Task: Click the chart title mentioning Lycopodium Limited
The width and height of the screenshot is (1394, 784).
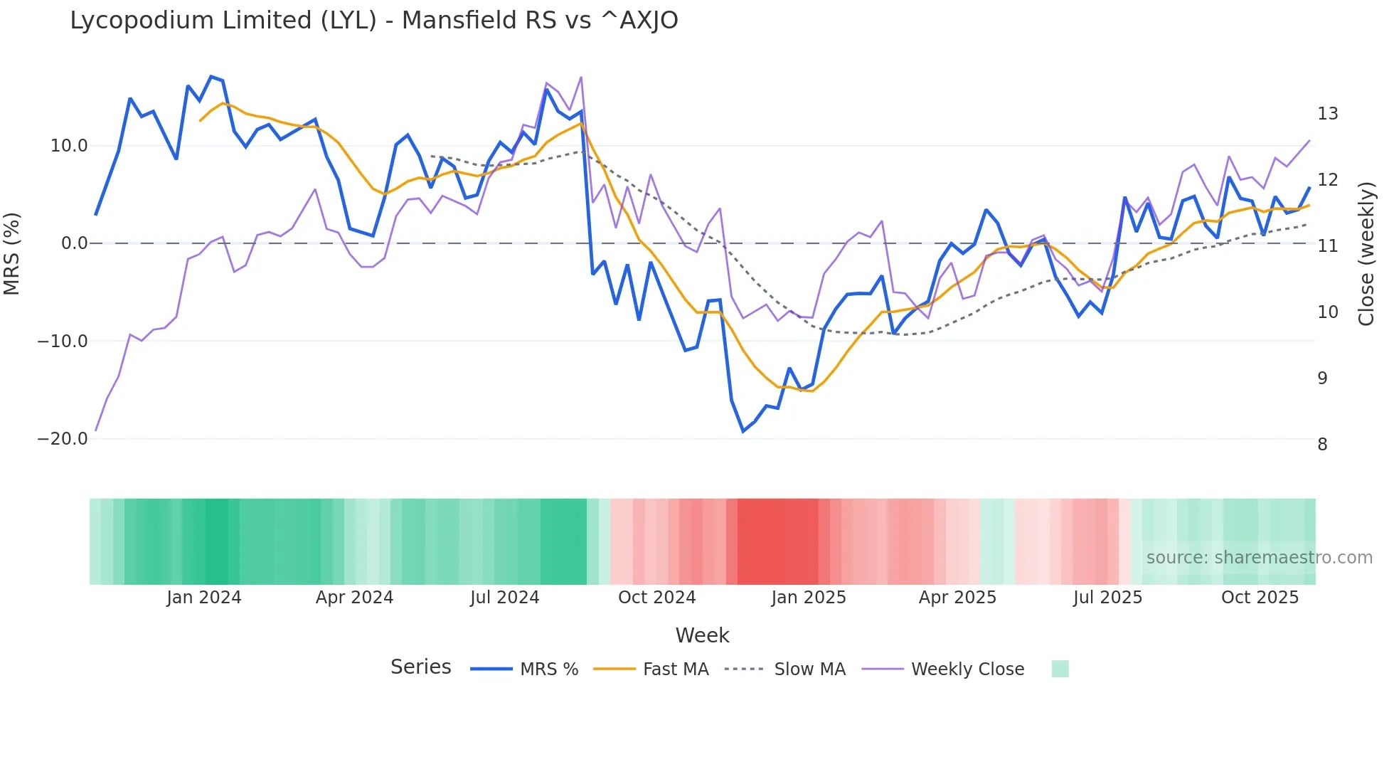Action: point(373,21)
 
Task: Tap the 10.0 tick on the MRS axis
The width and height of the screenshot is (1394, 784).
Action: point(69,146)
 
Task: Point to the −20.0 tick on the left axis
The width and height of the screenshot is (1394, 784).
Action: point(63,439)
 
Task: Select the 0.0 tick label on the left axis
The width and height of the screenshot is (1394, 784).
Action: point(74,243)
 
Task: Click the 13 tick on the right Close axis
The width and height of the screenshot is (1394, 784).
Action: point(1327,114)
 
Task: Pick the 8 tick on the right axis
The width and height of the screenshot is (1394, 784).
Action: point(1322,445)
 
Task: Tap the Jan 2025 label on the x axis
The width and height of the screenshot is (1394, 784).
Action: point(809,598)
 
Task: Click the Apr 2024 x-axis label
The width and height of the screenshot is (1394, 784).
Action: point(354,598)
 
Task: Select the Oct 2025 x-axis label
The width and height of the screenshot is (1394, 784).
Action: point(1260,598)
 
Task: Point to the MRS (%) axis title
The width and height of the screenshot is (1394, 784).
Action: point(12,254)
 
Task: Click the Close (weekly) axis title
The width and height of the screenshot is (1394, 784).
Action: point(1366,254)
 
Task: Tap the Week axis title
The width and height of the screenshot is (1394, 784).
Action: point(702,635)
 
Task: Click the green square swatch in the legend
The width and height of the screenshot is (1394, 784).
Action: point(1060,669)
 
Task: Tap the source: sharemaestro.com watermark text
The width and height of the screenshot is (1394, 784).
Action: point(1259,558)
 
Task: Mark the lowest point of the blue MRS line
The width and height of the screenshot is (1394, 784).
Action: point(743,431)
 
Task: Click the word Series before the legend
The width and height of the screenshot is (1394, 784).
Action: point(420,667)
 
